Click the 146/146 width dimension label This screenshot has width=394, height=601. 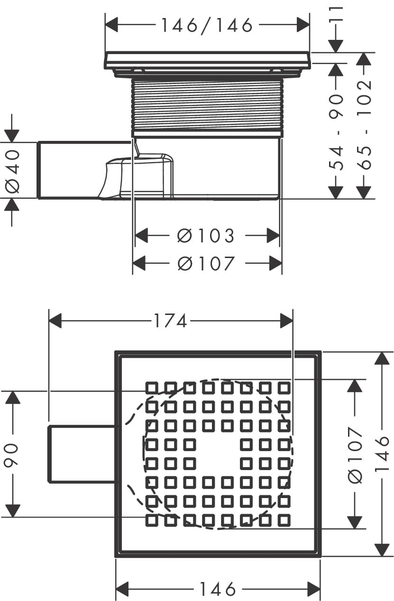(207, 26)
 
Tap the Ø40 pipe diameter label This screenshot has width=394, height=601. (13, 170)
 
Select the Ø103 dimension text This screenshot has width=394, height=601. (206, 235)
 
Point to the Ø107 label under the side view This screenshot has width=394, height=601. (206, 263)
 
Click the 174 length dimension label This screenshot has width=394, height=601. (170, 322)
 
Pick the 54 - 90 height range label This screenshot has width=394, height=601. (336, 131)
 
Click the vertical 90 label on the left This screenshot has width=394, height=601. (12, 454)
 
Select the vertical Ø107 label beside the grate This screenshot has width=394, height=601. (355, 454)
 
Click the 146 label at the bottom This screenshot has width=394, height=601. (217, 590)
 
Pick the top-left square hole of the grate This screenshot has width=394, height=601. (151, 388)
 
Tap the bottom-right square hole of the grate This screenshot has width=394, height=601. (284, 520)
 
